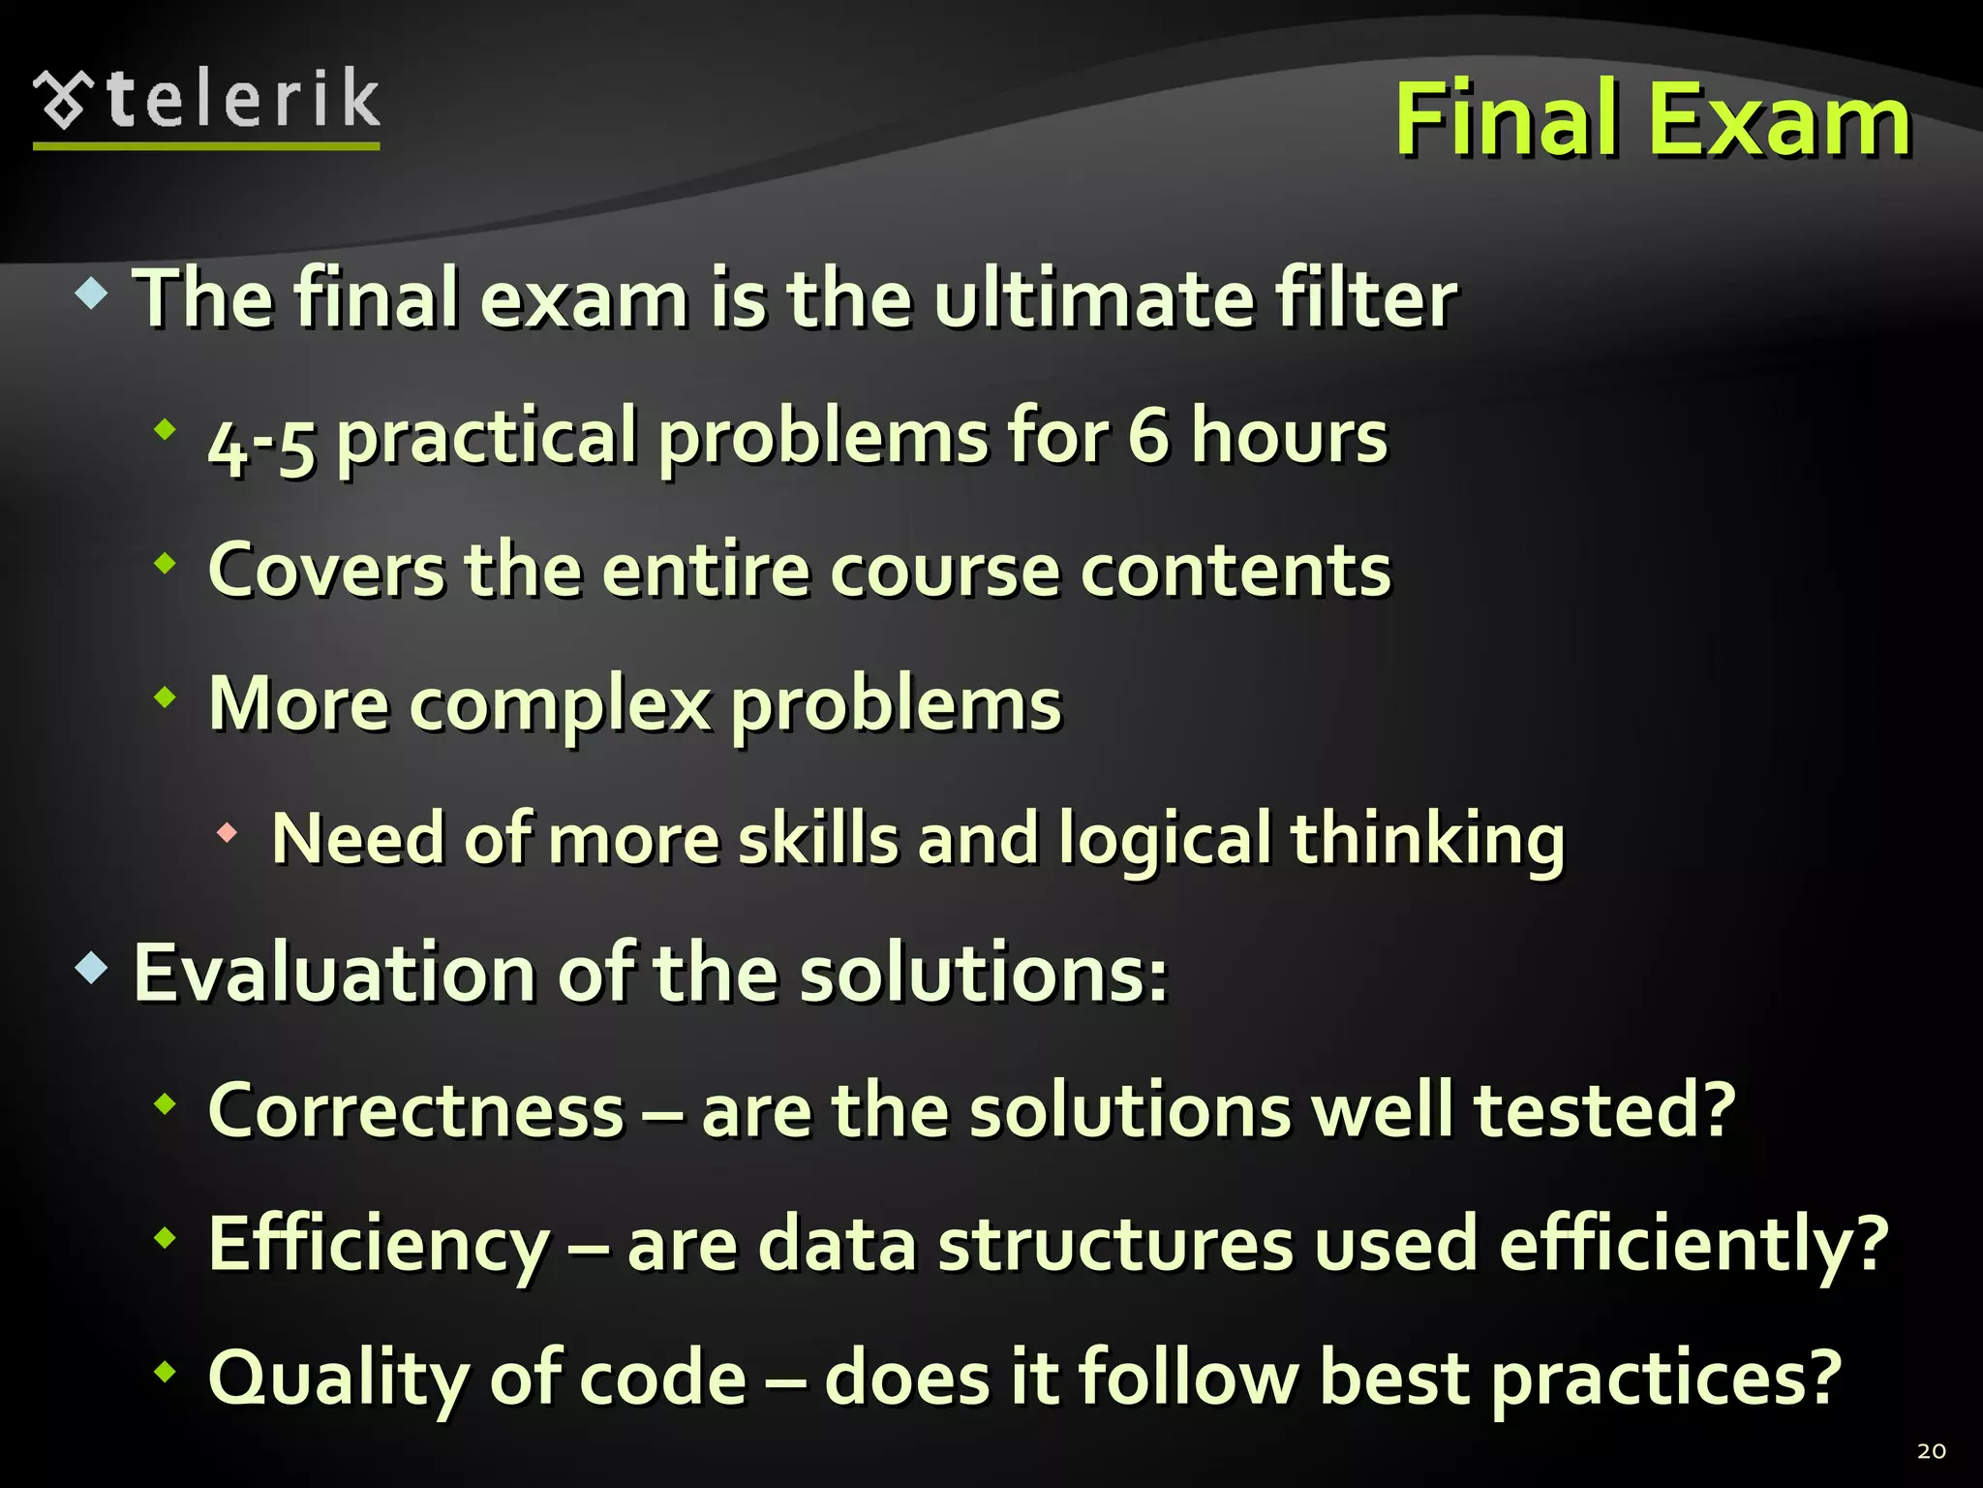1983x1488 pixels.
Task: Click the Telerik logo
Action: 206,105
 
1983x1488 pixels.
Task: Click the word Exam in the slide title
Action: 1779,120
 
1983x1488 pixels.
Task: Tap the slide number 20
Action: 1931,1450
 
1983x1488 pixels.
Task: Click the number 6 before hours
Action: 1148,436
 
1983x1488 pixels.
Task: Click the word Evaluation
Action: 334,973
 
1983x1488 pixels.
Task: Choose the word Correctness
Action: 416,1110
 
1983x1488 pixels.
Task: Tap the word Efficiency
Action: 379,1245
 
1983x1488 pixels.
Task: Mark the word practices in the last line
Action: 1665,1379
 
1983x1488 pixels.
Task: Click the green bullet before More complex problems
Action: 166,696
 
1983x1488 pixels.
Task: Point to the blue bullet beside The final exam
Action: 91,293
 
